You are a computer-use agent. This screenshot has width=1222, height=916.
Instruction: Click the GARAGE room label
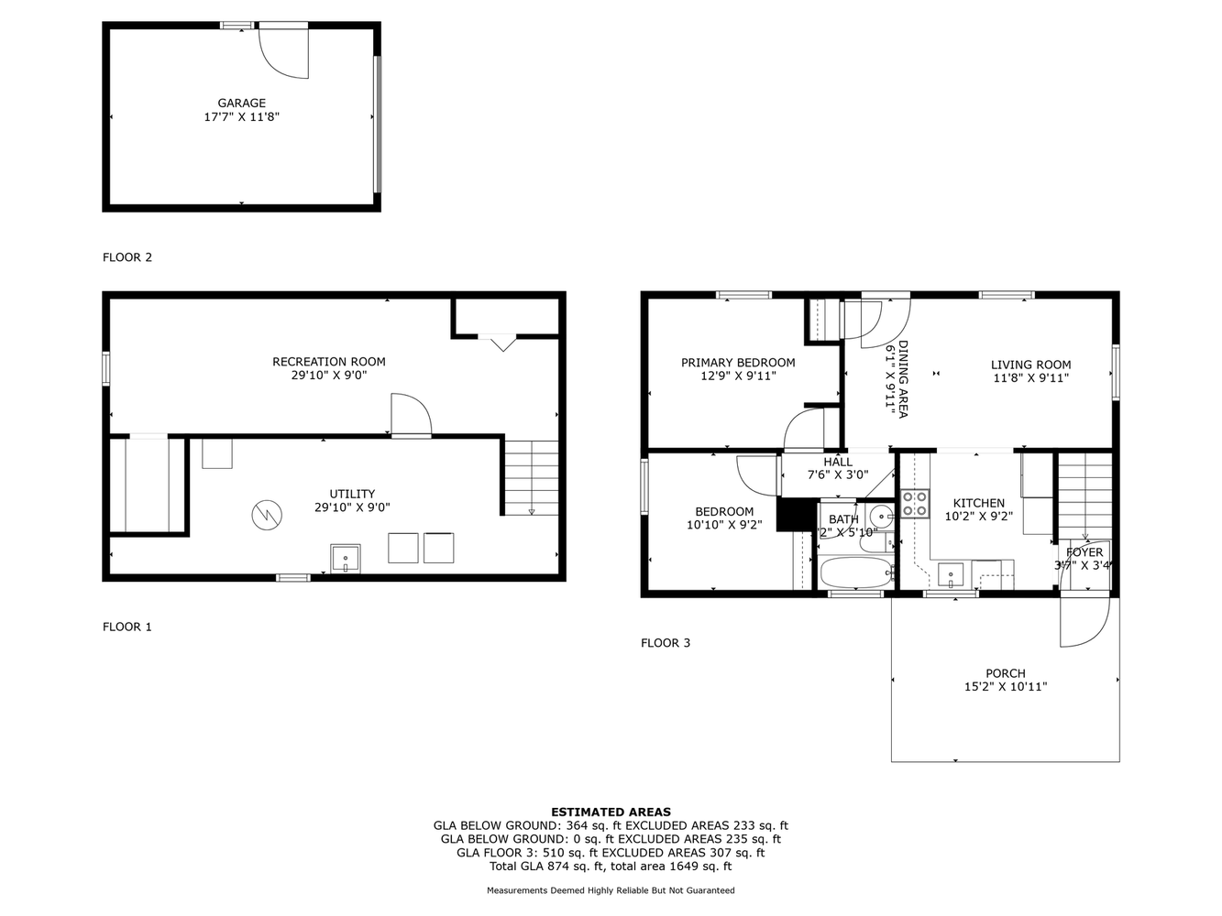[241, 104]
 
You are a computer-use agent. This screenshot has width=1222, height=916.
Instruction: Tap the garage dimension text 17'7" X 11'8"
[241, 117]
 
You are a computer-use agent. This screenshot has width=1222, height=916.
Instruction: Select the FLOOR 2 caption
[127, 257]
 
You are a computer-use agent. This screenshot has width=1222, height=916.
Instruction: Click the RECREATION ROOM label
[329, 362]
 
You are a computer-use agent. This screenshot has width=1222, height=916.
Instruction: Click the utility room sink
[346, 558]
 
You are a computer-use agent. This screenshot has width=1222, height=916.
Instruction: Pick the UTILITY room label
[352, 494]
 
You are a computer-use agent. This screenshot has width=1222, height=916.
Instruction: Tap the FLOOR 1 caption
[127, 627]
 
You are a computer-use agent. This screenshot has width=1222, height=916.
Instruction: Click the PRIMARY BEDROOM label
[738, 363]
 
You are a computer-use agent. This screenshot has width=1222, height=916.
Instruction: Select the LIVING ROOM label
[1030, 365]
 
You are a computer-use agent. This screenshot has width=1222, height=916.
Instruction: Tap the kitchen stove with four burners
[915, 504]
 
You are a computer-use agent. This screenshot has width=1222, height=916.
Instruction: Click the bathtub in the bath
[856, 574]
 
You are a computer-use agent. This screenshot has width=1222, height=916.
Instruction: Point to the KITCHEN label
[979, 503]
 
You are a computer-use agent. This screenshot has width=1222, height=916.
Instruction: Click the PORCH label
[1006, 673]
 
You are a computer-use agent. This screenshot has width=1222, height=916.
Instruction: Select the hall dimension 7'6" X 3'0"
[837, 475]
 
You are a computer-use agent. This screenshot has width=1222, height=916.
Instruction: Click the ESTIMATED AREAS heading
[611, 812]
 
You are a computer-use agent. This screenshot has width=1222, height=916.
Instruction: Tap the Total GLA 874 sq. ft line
[611, 866]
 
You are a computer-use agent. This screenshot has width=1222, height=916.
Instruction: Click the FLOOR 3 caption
[666, 643]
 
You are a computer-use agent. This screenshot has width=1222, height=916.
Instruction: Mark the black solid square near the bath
[795, 514]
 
